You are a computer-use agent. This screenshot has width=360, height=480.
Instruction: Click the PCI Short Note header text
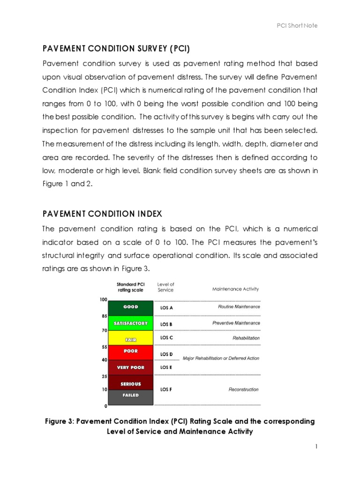point(297,25)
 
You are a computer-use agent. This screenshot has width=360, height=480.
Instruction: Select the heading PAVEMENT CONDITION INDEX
point(102,214)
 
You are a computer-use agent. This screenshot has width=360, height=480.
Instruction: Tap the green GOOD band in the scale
point(131,307)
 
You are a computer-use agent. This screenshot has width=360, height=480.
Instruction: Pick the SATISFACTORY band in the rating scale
point(131,323)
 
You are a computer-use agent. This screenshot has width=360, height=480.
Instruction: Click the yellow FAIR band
point(131,338)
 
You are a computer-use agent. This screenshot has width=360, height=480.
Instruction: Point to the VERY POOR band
point(131,367)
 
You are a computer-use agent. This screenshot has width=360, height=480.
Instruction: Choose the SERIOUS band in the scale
point(131,383)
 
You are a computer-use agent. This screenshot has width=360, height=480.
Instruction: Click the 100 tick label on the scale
point(103,300)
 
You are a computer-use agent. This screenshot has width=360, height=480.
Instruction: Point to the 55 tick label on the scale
point(104,347)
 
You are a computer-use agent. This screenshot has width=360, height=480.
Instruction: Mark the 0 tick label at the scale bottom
point(105,406)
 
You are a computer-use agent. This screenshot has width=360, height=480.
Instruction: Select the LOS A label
point(166,308)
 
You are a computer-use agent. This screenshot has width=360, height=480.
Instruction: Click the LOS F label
point(166,389)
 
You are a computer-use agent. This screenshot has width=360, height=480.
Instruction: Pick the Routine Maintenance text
point(239,307)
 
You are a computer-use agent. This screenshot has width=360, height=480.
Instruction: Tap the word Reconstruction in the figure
point(243,390)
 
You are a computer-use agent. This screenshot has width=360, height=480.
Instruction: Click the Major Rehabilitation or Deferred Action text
point(221,359)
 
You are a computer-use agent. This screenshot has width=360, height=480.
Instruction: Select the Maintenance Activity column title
point(235,289)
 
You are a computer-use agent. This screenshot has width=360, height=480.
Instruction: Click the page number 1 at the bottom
point(316,447)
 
